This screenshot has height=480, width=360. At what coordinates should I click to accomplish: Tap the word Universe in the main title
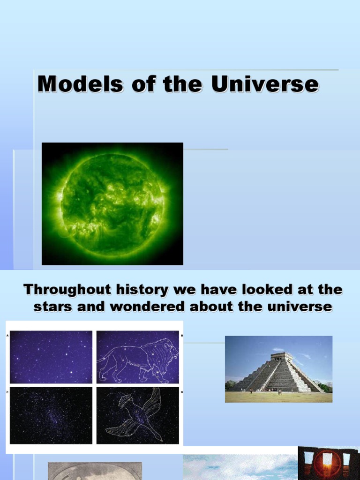tap(265, 85)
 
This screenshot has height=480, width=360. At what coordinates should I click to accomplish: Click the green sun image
tap(112, 204)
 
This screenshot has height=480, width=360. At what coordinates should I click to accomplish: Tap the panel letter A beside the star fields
tap(7, 336)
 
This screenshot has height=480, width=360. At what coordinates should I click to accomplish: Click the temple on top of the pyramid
tap(282, 357)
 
